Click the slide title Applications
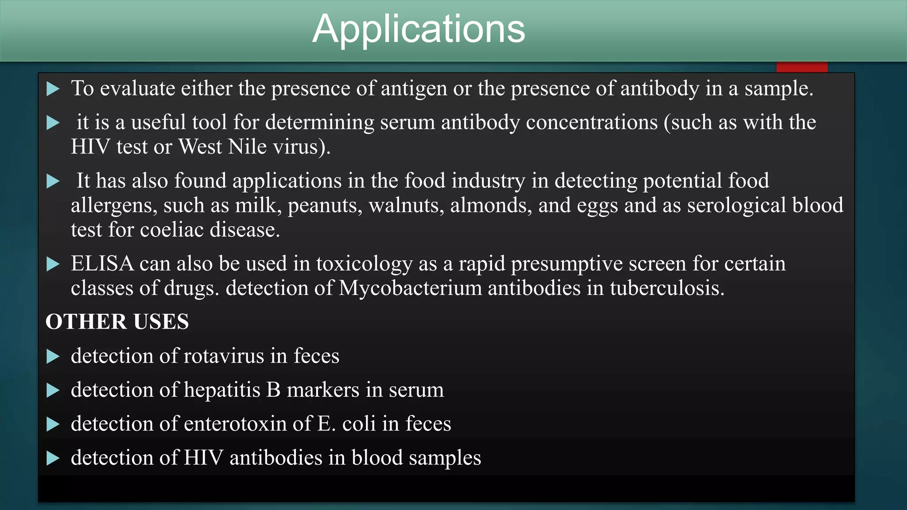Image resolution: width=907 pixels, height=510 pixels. click(419, 29)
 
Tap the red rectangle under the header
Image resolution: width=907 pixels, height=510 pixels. click(802, 67)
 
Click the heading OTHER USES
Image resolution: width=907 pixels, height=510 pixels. click(117, 322)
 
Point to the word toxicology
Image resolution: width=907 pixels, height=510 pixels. click(364, 264)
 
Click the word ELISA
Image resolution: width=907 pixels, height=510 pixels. click(102, 264)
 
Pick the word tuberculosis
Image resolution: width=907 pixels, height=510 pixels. click(667, 288)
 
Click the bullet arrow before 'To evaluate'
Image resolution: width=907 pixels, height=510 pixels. click(53, 89)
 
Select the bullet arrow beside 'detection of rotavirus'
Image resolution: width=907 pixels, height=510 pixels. click(53, 356)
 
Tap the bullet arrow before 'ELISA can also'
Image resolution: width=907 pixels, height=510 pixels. click(53, 264)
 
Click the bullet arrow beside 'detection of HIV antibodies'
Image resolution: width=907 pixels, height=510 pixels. click(53, 458)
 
